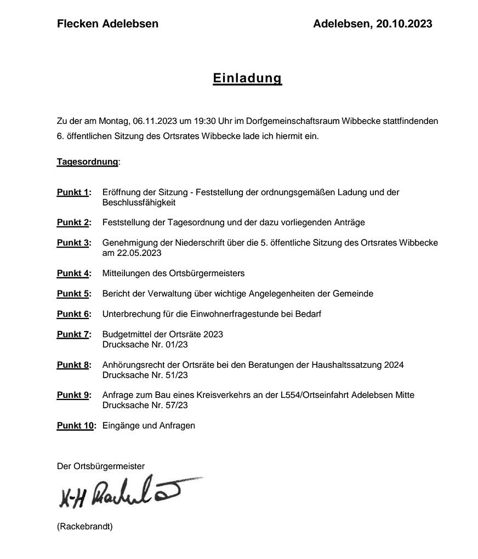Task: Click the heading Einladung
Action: pos(247,78)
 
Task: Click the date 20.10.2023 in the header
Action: pos(404,24)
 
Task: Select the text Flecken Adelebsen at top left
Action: pos(107,24)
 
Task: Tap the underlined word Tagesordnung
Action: pos(87,162)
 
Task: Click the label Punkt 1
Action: pos(73,192)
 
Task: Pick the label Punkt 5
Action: pos(73,294)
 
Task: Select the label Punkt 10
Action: pos(76,425)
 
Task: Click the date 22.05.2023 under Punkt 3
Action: pos(139,253)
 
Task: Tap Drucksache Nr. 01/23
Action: pos(145,345)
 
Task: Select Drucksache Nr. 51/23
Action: pos(145,375)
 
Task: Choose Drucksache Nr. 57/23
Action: pos(145,406)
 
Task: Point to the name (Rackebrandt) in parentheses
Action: pos(84,527)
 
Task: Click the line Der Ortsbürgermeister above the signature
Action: pos(101,466)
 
